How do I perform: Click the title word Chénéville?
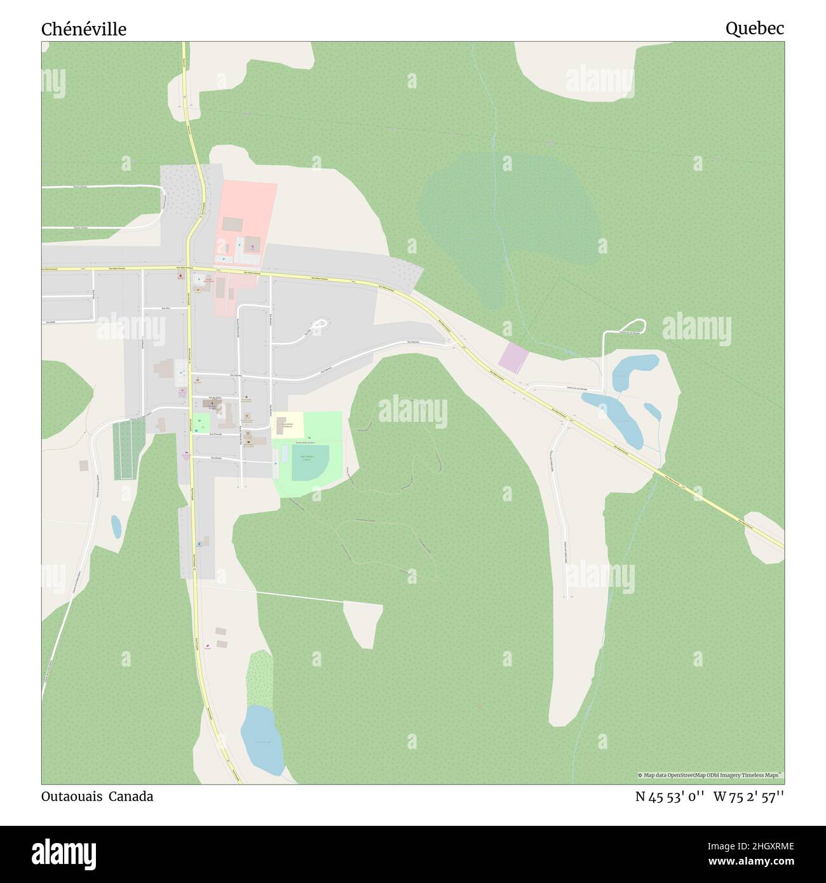click(x=84, y=29)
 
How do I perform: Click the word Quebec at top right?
click(x=755, y=28)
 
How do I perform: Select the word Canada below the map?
click(x=130, y=796)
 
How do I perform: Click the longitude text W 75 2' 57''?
click(x=748, y=797)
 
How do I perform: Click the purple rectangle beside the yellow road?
click(x=513, y=358)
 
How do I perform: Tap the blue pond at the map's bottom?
click(x=261, y=740)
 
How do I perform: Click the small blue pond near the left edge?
click(x=116, y=525)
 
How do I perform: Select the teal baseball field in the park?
click(x=310, y=462)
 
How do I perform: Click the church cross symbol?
click(x=212, y=403)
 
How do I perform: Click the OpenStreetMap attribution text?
click(x=710, y=775)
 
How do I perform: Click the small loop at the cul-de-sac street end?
click(x=322, y=325)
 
